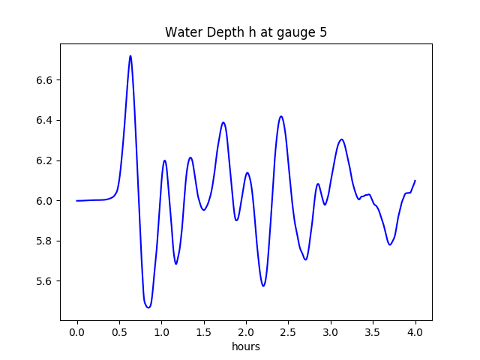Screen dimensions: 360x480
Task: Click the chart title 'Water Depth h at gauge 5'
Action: [x=246, y=32]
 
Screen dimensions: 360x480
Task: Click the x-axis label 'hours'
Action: [x=246, y=347]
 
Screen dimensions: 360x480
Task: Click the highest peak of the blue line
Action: [x=130, y=55]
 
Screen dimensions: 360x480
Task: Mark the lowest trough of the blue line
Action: [x=148, y=307]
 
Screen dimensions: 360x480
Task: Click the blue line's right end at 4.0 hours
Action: [x=415, y=180]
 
